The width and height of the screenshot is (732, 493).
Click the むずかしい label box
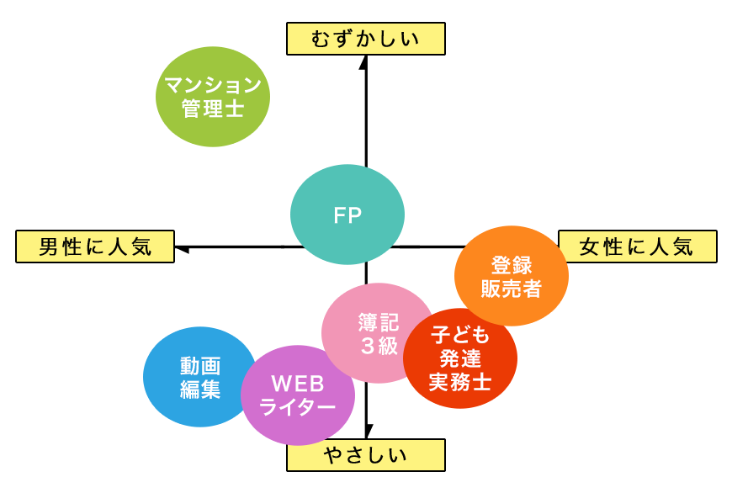pos(364,39)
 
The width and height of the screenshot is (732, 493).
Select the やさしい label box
pos(364,455)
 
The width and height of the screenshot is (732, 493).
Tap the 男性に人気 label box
pos(95,246)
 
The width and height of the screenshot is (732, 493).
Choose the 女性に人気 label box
pos(637,246)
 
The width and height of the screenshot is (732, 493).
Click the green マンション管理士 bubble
pos(213,97)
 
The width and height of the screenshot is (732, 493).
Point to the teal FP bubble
pos(347,215)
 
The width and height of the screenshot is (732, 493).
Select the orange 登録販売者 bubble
pos(511,276)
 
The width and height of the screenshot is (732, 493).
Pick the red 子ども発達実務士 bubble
pos(460,358)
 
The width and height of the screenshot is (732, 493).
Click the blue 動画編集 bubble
pos(199,376)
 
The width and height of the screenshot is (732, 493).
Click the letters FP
pos(347,215)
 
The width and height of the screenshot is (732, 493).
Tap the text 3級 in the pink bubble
pos(378,346)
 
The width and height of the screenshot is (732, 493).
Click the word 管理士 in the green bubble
pos(213,109)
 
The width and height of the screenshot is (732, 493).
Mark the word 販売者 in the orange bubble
pos(511,289)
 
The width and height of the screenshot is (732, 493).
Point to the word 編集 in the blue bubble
pos(199,389)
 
